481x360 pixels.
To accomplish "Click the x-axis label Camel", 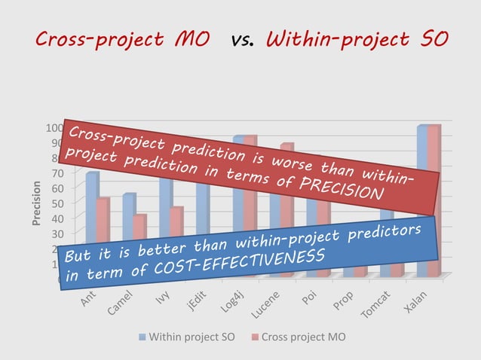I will pyautogui.click(x=121, y=303).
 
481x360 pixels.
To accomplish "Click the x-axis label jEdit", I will pyautogui.click(x=198, y=303).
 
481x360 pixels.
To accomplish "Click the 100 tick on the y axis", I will pyautogui.click(x=51, y=127).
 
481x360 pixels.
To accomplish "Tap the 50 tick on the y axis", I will pyautogui.click(x=54, y=203).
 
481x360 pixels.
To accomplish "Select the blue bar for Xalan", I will pyautogui.click(x=422, y=196).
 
